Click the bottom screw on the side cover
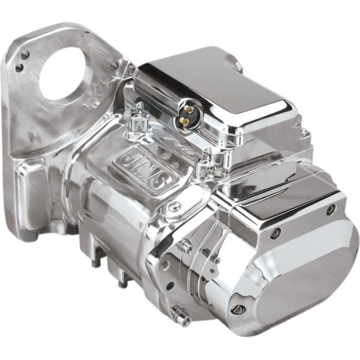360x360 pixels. (x=238, y=309)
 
